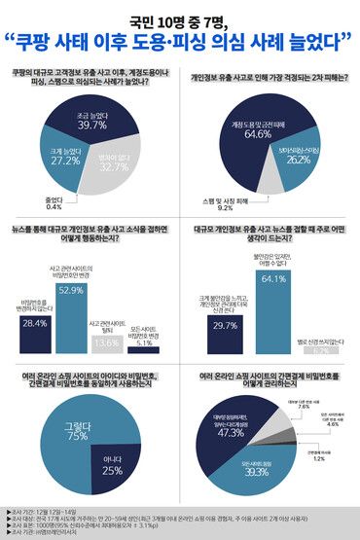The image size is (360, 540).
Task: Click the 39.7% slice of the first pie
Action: click(91, 122)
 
